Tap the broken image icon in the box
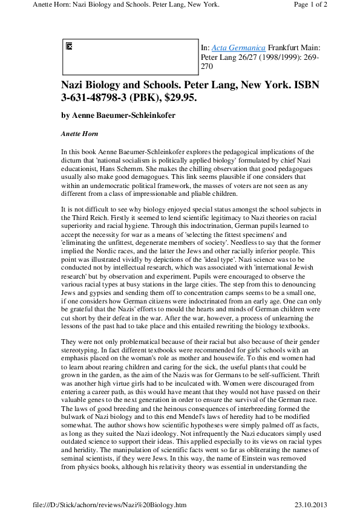pyautogui.click(x=69, y=46)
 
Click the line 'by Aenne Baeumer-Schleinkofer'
pyautogui.click(x=118, y=115)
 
